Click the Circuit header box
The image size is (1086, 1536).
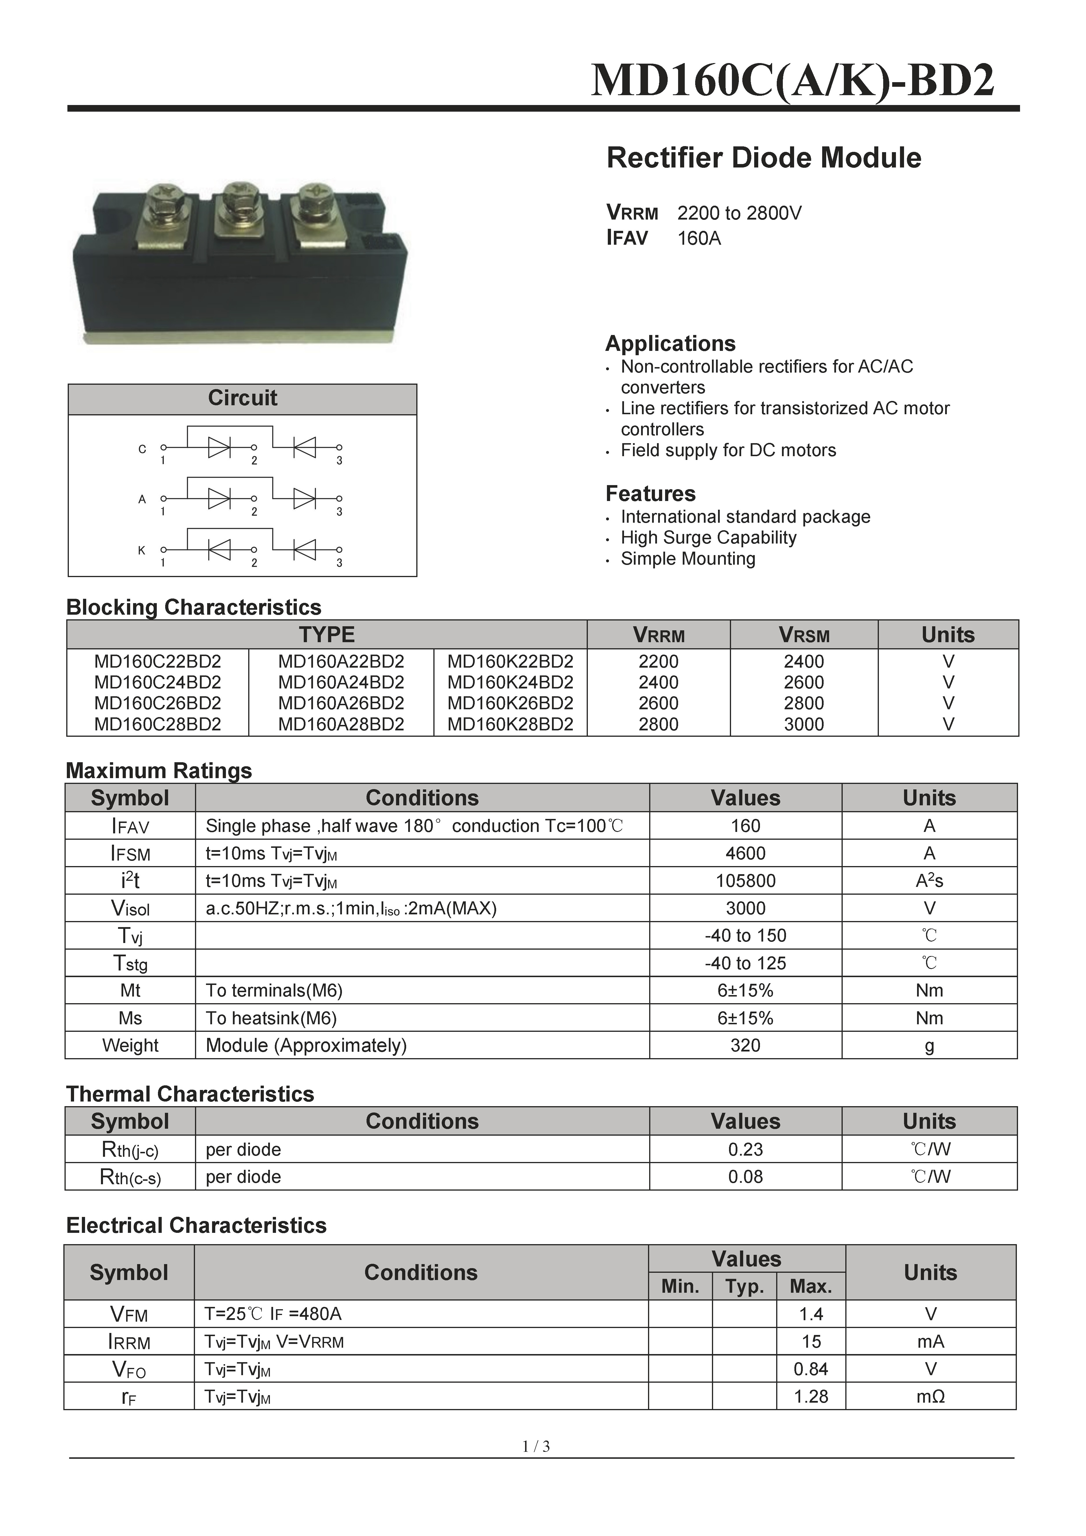coord(242,399)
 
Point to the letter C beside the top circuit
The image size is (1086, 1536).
coord(142,449)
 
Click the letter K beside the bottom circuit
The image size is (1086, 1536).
coord(142,550)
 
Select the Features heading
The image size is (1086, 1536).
coord(650,494)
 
